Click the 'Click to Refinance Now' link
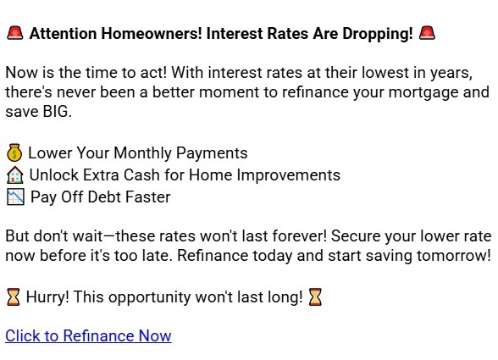(88, 336)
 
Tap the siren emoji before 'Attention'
(14, 34)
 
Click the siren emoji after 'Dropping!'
(427, 34)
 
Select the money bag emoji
(14, 153)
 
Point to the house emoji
(14, 175)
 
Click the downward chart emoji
(14, 197)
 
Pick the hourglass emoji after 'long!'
(315, 297)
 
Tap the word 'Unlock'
(53, 175)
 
